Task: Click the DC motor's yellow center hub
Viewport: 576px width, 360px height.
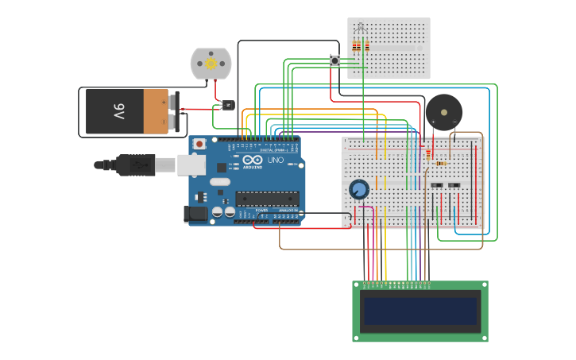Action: coord(211,64)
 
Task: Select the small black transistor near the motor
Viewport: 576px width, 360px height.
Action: coord(228,105)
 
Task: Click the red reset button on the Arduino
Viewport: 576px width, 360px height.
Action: coord(199,144)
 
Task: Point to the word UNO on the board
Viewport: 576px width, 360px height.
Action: coord(275,160)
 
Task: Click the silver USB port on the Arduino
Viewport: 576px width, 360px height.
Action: coord(191,165)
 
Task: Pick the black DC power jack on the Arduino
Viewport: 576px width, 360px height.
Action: coord(195,213)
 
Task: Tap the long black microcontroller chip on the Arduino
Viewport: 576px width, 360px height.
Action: coord(267,199)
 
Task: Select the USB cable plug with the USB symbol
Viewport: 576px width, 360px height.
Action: coord(141,165)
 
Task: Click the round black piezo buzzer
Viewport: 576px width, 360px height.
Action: coord(443,112)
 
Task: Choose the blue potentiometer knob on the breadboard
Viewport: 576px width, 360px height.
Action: coord(359,189)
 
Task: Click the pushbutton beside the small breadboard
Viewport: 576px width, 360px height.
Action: coord(335,60)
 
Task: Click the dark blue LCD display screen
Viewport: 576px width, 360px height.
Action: coord(420,311)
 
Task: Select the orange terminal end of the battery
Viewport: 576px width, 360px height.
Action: coord(156,111)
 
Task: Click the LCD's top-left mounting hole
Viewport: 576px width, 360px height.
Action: coord(357,285)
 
